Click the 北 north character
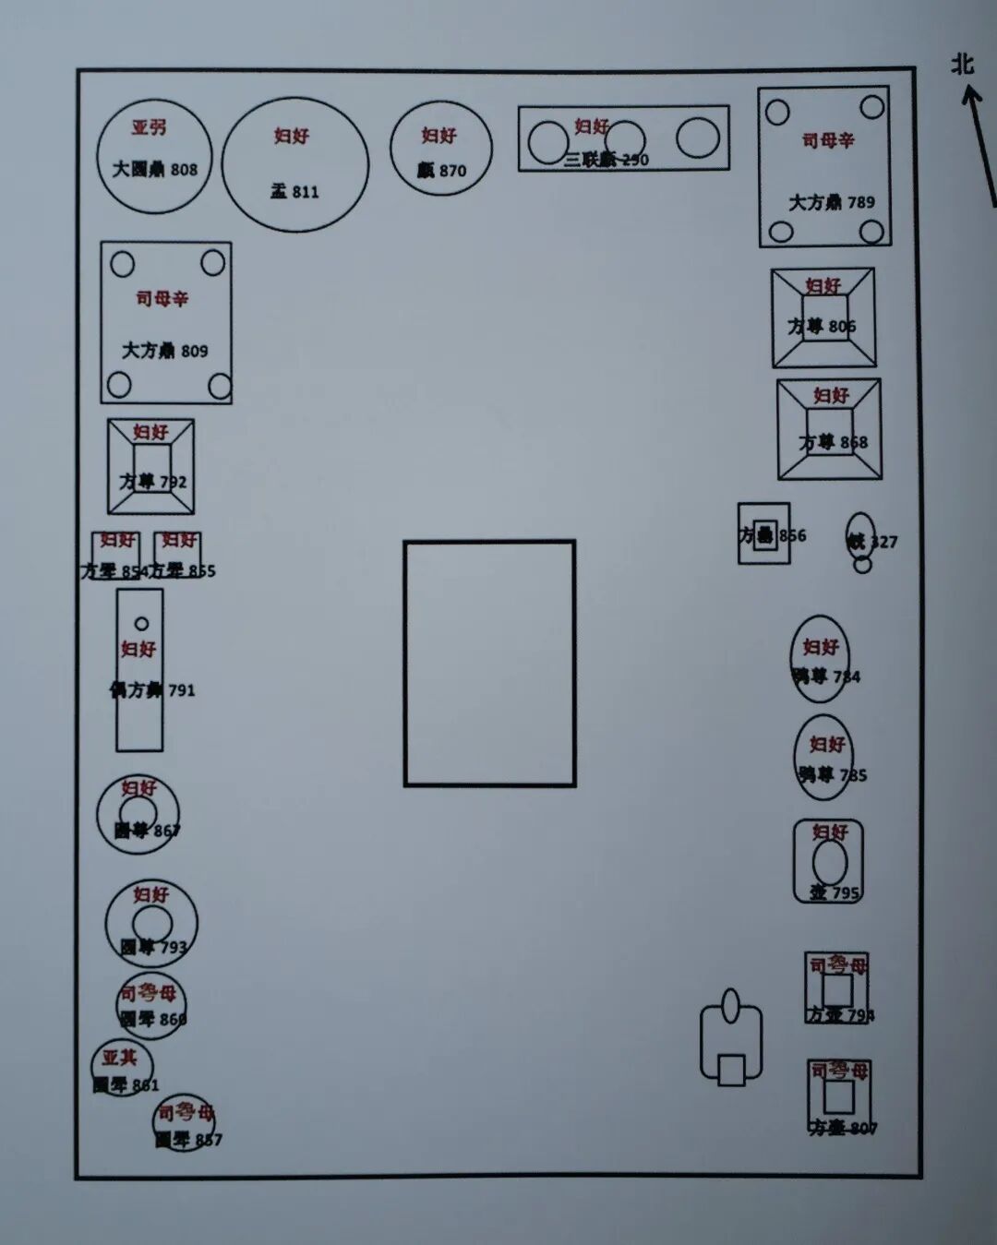point(963,64)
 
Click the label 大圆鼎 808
point(155,170)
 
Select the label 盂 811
point(294,192)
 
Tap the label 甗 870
point(441,171)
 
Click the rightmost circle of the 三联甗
point(697,138)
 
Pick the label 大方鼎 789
point(831,202)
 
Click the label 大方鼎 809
point(165,351)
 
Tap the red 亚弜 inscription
point(149,127)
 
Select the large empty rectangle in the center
point(489,663)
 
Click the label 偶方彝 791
point(152,689)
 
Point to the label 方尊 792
point(152,481)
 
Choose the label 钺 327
point(871,542)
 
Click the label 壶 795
point(835,892)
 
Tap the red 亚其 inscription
point(119,1058)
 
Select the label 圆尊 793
point(153,947)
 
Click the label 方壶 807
point(842,1128)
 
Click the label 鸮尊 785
point(832,775)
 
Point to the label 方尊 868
point(833,443)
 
